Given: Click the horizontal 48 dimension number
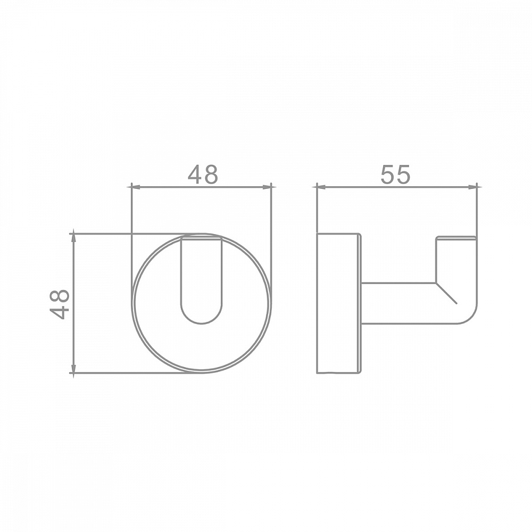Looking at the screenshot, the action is tap(203, 174).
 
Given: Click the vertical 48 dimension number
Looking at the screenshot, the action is tap(60, 304).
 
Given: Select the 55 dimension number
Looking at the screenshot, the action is tap(395, 174).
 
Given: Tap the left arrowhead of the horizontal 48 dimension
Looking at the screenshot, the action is tap(136, 187).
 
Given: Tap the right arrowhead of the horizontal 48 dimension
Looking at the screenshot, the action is tap(267, 187).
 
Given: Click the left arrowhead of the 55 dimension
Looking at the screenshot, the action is tap(321, 187).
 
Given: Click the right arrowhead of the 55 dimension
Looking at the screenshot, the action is tap(472, 187).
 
